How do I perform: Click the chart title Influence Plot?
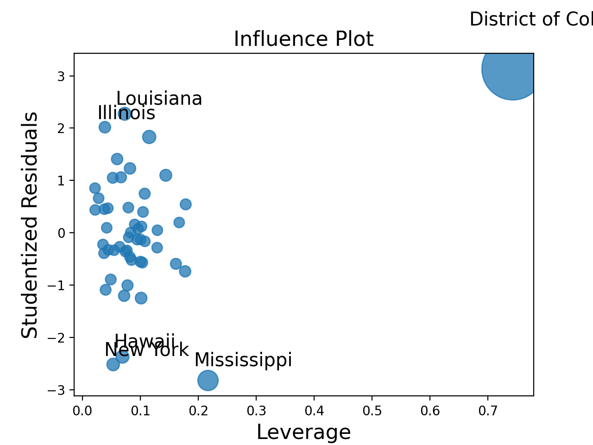[x=303, y=39]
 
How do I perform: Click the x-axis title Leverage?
[x=303, y=432]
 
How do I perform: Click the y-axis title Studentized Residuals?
[x=30, y=225]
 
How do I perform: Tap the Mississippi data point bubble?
[x=208, y=381]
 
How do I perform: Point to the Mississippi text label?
[x=243, y=360]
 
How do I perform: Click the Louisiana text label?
[x=159, y=99]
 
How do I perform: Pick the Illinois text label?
[x=126, y=113]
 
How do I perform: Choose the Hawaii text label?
[x=145, y=342]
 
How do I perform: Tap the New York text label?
[x=146, y=350]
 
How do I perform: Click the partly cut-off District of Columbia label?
[x=531, y=19]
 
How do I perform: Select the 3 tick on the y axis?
[x=61, y=76]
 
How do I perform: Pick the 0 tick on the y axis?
[x=61, y=233]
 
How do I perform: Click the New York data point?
[x=113, y=364]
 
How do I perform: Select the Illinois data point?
[x=105, y=127]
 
